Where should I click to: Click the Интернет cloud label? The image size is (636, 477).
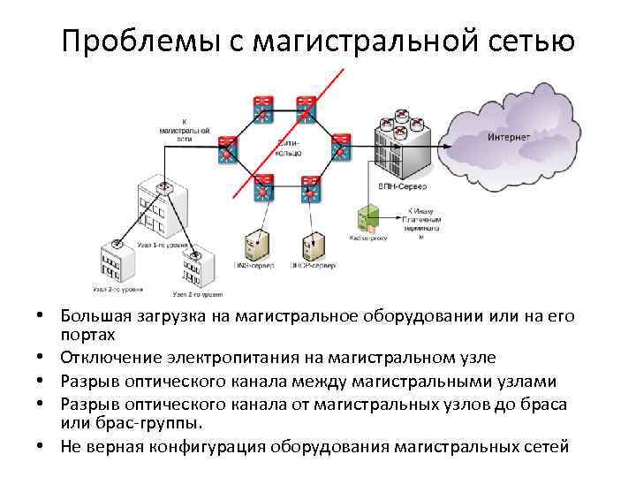pyautogui.click(x=509, y=138)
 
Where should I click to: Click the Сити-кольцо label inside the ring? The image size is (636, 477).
pyautogui.click(x=289, y=147)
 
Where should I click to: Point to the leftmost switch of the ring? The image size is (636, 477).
pyautogui.click(x=228, y=151)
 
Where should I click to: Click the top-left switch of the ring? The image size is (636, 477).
pyautogui.click(x=262, y=107)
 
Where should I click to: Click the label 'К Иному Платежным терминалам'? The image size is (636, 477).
pyautogui.click(x=421, y=223)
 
